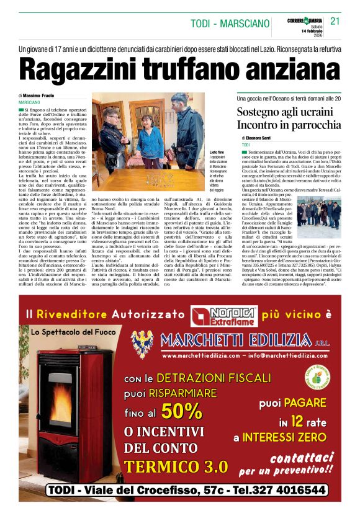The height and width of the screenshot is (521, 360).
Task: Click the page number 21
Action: [335, 20]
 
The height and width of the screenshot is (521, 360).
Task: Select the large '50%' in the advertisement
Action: [181, 411]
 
